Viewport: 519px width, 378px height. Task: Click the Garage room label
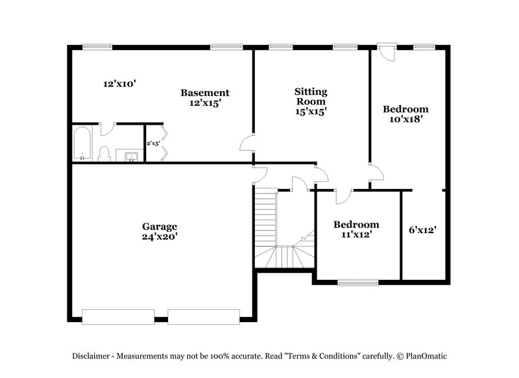coord(160,227)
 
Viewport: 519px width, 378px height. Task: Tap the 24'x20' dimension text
coord(160,237)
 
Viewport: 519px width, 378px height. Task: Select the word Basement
coord(204,93)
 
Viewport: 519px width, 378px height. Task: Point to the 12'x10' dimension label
coord(119,84)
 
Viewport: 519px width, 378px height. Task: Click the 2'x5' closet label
coord(152,143)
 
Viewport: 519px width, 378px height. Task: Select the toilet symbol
coord(104,153)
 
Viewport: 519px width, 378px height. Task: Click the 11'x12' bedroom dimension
coord(356,235)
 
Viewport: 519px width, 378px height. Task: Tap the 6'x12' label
coord(422,229)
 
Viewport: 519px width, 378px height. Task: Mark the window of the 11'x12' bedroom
coord(357,283)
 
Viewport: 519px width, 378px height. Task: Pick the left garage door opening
coord(118,316)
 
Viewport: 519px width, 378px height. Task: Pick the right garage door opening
coord(204,316)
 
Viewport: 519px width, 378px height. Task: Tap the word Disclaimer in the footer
coord(93,356)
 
